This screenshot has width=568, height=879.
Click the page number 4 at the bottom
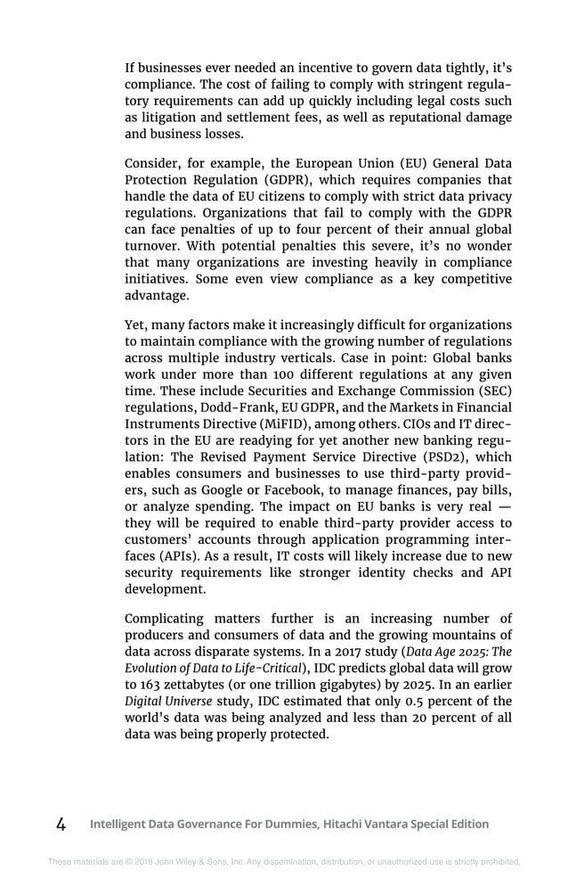click(x=61, y=824)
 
